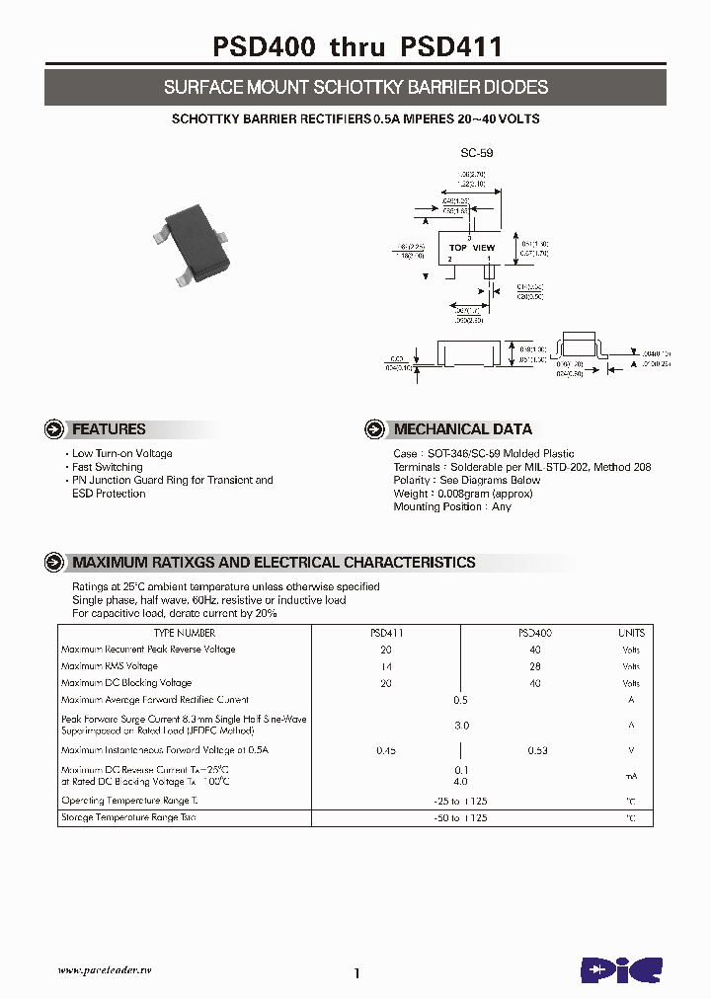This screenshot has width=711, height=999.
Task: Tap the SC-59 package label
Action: pyautogui.click(x=476, y=154)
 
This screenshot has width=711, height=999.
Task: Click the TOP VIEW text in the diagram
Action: pyautogui.click(x=471, y=248)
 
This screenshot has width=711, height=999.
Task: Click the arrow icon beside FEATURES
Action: pyautogui.click(x=55, y=429)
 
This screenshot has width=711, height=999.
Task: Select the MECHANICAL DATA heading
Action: pyautogui.click(x=462, y=429)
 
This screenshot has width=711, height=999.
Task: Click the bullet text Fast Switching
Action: pyautogui.click(x=107, y=467)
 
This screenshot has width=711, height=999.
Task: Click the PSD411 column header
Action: pyautogui.click(x=386, y=633)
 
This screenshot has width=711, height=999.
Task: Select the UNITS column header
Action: pyautogui.click(x=631, y=633)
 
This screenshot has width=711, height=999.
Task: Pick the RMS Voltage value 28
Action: pyautogui.click(x=534, y=666)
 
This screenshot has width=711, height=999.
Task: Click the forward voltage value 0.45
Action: pyautogui.click(x=386, y=750)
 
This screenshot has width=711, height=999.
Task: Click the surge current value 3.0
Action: pyautogui.click(x=460, y=725)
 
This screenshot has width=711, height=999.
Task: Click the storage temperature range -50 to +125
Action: pyautogui.click(x=460, y=818)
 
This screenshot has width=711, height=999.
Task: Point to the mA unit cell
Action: pyautogui.click(x=631, y=776)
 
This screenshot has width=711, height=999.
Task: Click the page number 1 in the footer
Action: pyautogui.click(x=356, y=973)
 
